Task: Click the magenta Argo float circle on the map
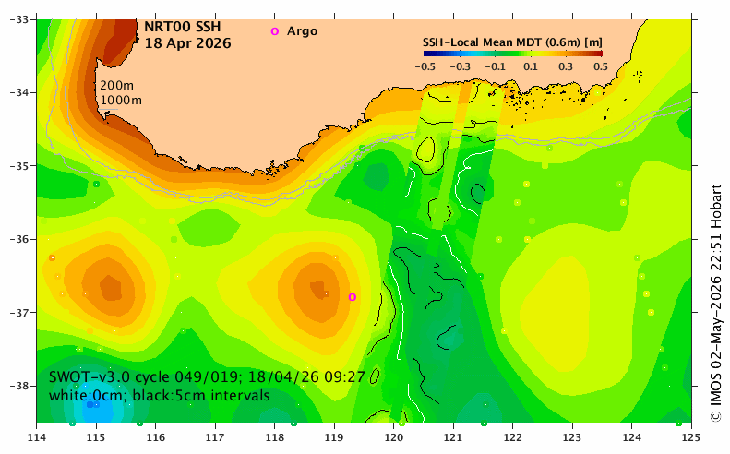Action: [353, 297]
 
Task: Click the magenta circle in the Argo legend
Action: [275, 31]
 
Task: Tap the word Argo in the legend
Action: [302, 31]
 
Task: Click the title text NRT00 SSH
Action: [183, 27]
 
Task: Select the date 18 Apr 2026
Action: [187, 43]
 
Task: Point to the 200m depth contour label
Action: [116, 86]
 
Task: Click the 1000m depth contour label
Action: [121, 100]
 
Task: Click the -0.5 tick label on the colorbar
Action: [425, 66]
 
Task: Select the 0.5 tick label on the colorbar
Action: [601, 66]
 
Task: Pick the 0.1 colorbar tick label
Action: [531, 66]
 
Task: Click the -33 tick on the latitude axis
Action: [19, 19]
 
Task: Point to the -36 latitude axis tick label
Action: [19, 239]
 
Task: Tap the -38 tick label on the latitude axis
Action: [19, 386]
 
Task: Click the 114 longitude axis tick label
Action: [37, 437]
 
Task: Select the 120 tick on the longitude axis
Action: [394, 437]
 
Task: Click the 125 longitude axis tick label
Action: [691, 437]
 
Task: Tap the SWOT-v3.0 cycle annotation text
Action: [207, 376]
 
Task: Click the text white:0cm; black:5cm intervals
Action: [160, 396]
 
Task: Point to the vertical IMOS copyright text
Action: [715, 303]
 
